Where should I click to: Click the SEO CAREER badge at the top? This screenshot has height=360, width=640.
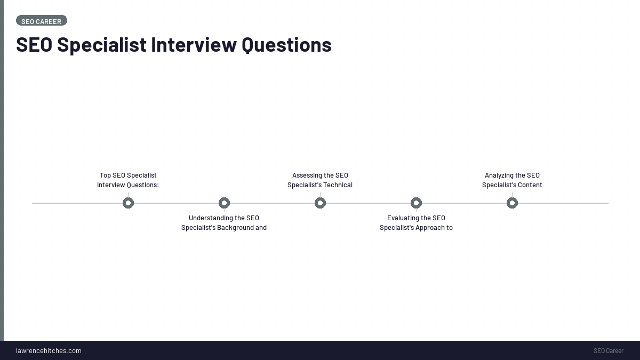click(x=42, y=21)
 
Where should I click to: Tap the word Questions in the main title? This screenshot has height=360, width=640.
click(x=286, y=45)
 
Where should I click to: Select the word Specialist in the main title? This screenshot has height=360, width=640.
click(x=101, y=45)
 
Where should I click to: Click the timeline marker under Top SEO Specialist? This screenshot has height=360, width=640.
click(x=128, y=203)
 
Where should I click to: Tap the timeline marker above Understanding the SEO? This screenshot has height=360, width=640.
click(x=224, y=203)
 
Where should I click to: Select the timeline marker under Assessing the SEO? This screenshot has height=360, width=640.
click(x=320, y=203)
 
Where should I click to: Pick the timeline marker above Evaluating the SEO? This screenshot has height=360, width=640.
click(x=416, y=203)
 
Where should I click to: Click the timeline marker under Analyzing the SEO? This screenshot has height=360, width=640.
click(x=512, y=203)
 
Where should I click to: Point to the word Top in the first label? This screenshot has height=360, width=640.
click(x=105, y=175)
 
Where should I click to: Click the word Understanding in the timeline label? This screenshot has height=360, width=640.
click(x=209, y=218)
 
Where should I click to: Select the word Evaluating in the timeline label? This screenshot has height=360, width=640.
click(x=402, y=218)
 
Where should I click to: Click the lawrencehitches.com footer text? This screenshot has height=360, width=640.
click(x=49, y=350)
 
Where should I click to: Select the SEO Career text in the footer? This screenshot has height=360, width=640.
click(x=608, y=350)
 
